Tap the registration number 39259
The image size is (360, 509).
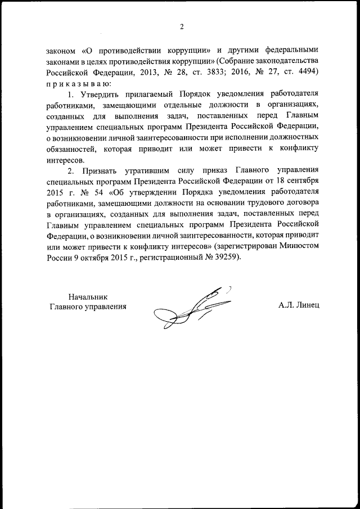click(226, 258)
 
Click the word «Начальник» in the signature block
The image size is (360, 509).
click(87, 296)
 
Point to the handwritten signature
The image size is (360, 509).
click(191, 307)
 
